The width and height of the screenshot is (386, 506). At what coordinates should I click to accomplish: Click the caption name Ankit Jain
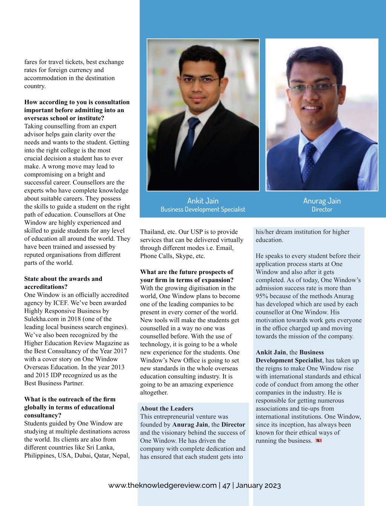(203, 201)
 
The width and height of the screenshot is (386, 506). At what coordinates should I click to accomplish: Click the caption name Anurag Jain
(322, 201)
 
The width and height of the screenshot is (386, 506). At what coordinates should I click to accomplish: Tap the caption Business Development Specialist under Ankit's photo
(203, 209)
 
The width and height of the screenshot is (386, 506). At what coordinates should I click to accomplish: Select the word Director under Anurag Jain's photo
(322, 209)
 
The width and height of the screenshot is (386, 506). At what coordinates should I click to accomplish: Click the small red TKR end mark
(319, 440)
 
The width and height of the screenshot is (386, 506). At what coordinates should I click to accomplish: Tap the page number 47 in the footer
(226, 485)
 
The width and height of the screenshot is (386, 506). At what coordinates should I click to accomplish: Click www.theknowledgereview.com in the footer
(162, 485)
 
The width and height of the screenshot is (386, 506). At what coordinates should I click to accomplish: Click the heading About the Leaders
(167, 408)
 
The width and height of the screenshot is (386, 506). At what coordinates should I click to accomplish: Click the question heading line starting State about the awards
(63, 279)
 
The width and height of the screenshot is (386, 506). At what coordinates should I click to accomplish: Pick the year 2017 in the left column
(120, 351)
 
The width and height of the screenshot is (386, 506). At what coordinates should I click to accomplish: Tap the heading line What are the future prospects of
(187, 272)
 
